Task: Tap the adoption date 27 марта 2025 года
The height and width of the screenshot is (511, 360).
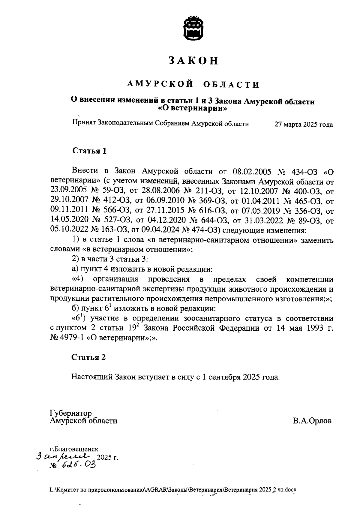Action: [304, 125]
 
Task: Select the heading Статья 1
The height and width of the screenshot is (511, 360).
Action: [89, 151]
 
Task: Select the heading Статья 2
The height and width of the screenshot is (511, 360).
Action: [89, 357]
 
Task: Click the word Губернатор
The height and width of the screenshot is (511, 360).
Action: [71, 413]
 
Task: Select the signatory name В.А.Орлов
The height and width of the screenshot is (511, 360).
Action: [312, 421]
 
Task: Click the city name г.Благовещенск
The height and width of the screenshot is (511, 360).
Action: [74, 449]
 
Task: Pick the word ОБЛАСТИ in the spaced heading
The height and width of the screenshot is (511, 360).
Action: [231, 85]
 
